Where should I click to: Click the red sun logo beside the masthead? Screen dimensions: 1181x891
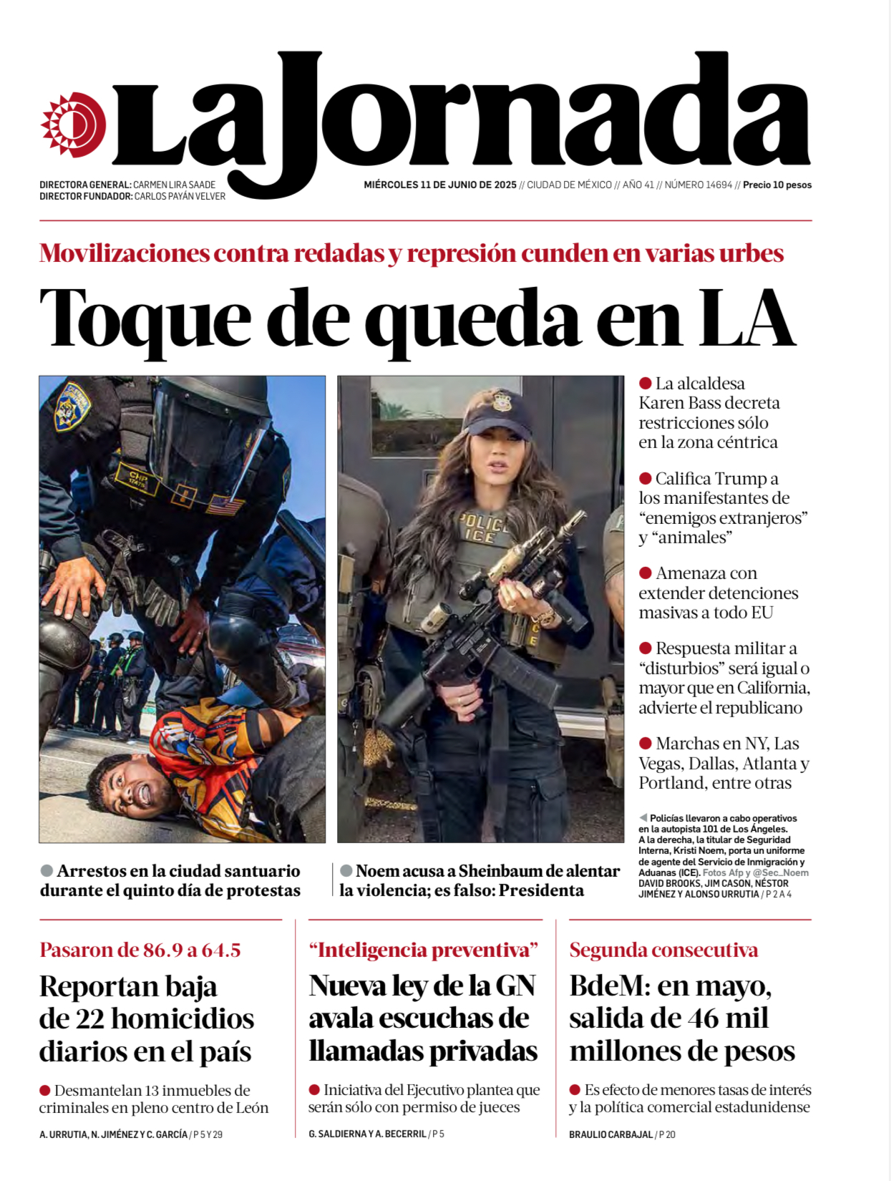coord(73,125)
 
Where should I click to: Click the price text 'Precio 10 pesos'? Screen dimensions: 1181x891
coord(777,185)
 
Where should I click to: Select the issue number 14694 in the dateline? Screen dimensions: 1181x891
coord(719,185)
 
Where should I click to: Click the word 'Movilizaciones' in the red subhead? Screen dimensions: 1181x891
coord(125,253)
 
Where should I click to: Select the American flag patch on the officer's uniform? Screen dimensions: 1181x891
coord(225,506)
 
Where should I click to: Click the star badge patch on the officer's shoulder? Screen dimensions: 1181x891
coord(73,407)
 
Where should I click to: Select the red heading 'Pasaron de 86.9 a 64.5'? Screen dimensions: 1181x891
coord(140,950)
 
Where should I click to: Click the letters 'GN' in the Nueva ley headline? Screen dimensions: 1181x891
coord(515,986)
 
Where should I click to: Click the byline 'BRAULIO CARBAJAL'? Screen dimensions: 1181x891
coord(610,1134)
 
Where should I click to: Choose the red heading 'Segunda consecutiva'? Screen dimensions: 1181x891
coord(663,950)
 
